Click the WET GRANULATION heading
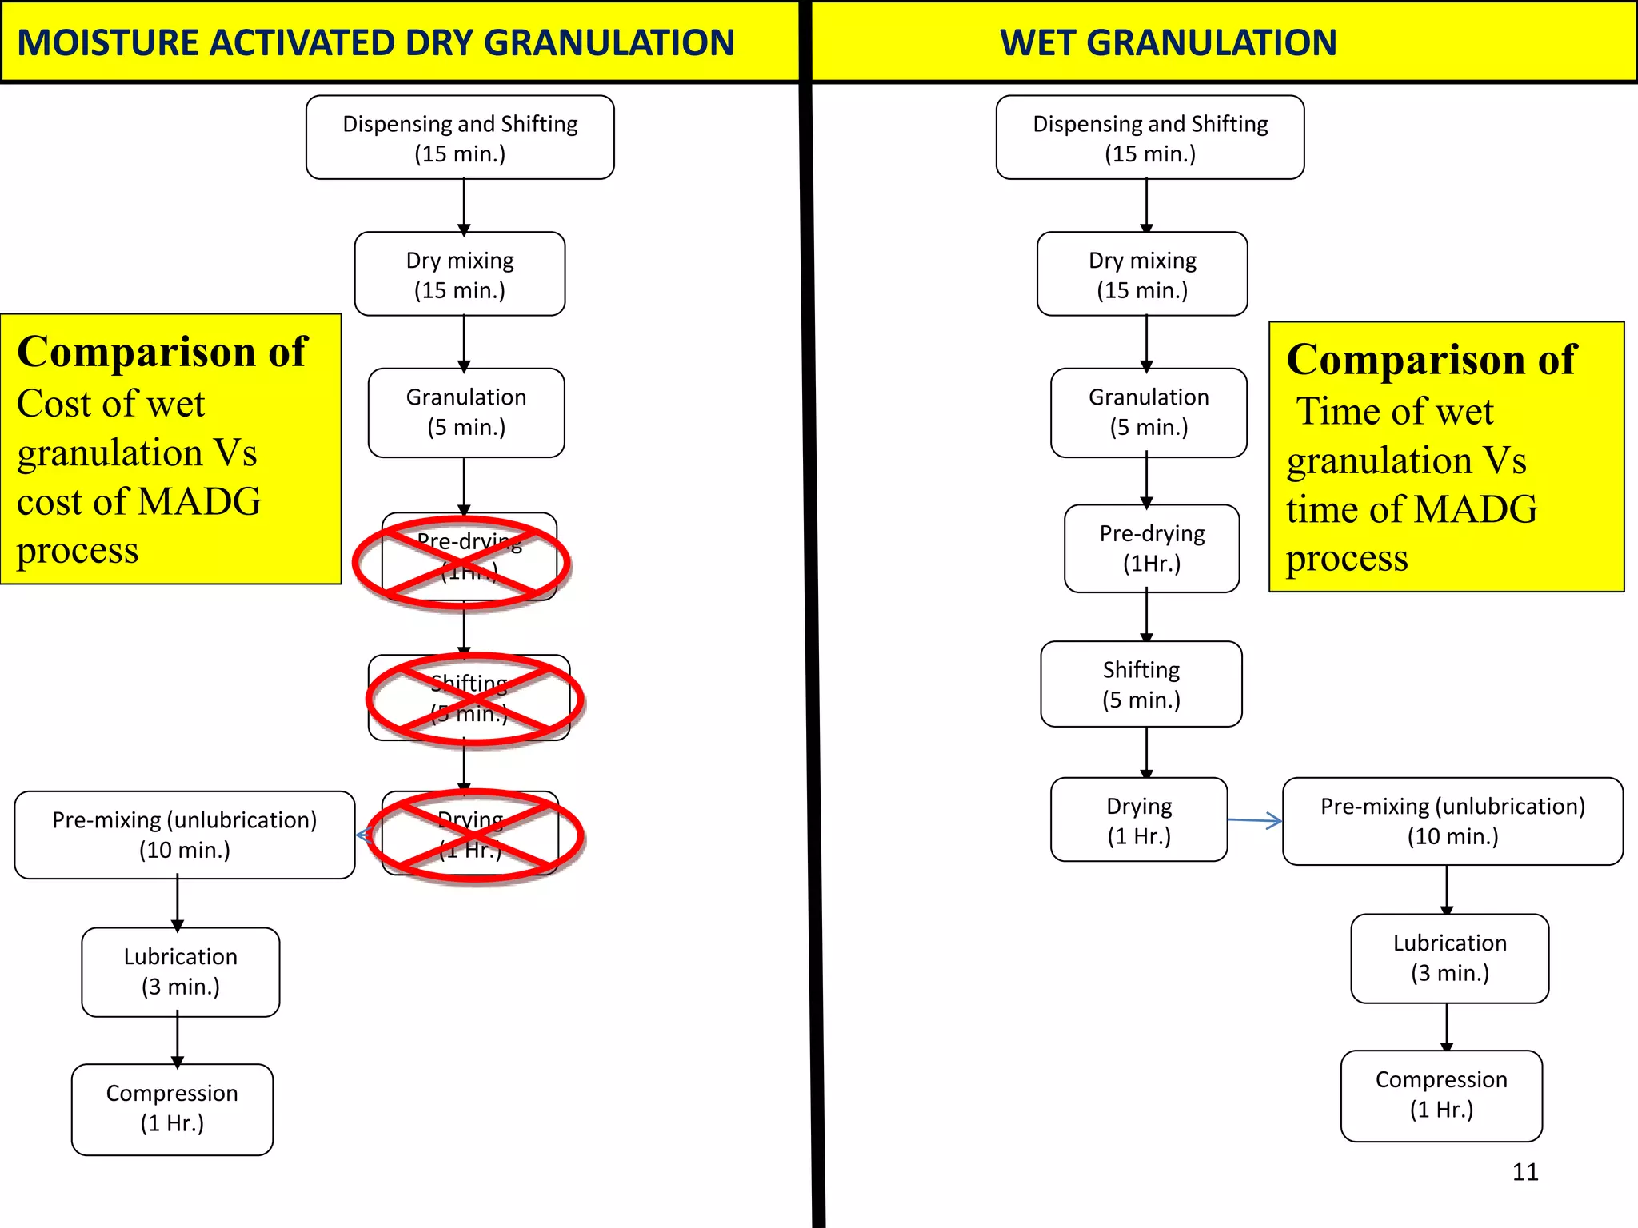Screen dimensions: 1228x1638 tap(1168, 42)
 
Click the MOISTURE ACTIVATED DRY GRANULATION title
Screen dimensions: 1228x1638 tap(376, 42)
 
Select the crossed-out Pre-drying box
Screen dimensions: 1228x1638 tap(468, 557)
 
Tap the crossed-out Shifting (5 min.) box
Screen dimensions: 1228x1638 tap(469, 698)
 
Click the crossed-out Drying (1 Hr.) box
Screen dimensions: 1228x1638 tap(471, 834)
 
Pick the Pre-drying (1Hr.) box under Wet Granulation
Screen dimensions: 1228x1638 tap(1152, 548)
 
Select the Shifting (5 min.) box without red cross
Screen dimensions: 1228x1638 tap(1141, 684)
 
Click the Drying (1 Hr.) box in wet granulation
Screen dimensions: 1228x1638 tap(1139, 820)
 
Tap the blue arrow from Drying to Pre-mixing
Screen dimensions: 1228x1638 tap(1255, 820)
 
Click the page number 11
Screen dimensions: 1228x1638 tap(1525, 1172)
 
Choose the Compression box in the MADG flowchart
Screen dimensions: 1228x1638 tap(172, 1109)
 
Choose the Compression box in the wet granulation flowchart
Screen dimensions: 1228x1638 tap(1441, 1095)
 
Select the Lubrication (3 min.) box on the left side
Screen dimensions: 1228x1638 tap(181, 972)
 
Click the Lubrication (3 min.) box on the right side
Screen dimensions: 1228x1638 tap(1450, 959)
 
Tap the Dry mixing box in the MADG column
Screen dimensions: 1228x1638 tap(460, 274)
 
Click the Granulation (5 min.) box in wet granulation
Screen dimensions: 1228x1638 tap(1149, 413)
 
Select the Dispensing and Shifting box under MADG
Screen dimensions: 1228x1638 tap(460, 138)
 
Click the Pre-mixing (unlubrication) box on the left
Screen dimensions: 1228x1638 tap(185, 835)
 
